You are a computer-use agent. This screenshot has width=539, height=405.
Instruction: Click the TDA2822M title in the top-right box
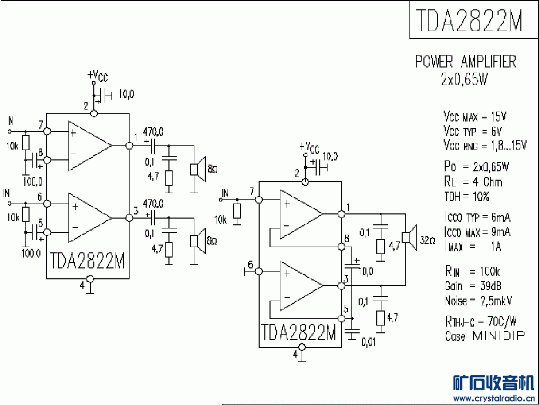(469, 20)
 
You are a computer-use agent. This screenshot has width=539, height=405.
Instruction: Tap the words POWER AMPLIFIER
(466, 62)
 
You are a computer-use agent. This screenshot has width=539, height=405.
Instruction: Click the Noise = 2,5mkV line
(478, 301)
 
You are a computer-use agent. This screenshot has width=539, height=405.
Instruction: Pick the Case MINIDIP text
(485, 335)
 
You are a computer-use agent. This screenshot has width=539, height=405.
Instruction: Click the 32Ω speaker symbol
(409, 238)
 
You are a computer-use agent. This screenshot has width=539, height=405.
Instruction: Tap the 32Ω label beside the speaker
(427, 240)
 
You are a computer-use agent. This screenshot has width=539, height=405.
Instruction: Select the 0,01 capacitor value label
(368, 342)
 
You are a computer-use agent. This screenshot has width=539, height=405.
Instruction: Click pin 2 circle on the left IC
(94, 113)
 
